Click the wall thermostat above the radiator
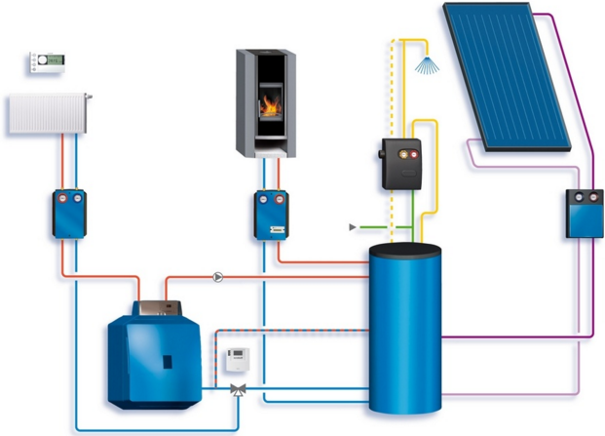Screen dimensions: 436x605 pos(48,62)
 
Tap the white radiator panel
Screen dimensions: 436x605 pos(47,114)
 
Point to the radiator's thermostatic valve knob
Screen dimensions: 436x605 pos(88,97)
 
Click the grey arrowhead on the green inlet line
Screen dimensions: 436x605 pos(353,227)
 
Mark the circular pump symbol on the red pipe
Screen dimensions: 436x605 pos(218,276)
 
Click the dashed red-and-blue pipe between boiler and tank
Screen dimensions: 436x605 pos(292,330)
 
